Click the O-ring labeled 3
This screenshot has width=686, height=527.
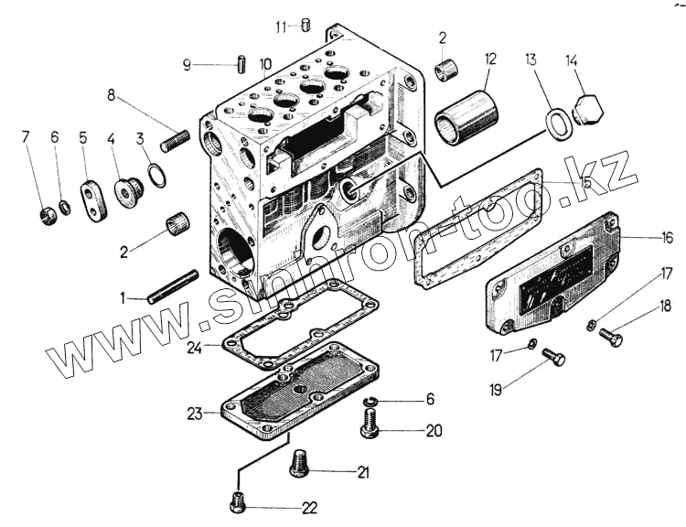tap(157, 174)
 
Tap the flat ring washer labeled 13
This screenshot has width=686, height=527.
tap(560, 124)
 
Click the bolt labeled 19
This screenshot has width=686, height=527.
tap(552, 357)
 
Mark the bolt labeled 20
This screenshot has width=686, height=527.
tap(370, 422)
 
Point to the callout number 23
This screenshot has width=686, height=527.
tap(194, 414)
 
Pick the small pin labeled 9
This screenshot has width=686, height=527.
tap(241, 66)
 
